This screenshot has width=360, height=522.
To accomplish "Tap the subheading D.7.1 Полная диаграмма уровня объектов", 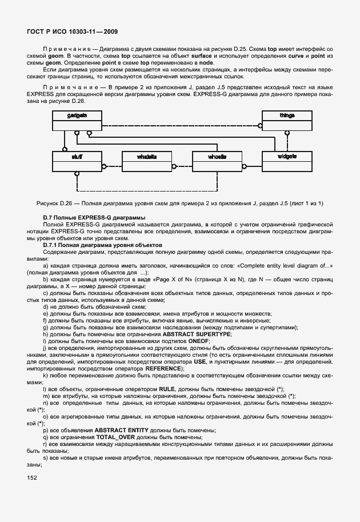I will coord(101,245).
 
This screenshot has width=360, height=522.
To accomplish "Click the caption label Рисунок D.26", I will coord(55,203).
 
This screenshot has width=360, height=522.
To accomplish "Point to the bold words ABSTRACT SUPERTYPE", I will coord(197,333).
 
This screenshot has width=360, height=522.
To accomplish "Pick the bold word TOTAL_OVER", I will coord(119,436).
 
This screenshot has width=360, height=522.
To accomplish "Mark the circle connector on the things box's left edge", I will coord(261,123).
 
